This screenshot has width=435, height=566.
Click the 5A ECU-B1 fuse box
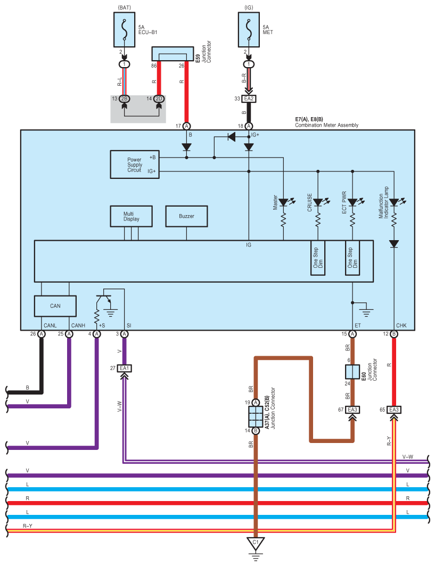point(124,30)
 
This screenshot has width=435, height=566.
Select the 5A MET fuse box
point(249,30)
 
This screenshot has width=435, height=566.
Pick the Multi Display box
point(131,216)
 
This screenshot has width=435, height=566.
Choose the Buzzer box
point(186,216)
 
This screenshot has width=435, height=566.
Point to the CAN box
point(55,306)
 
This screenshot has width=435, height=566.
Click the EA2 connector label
point(249,99)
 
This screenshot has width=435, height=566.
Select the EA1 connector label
point(125,368)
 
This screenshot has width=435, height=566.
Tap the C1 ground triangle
point(256,544)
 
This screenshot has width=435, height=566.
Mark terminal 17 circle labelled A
point(186,126)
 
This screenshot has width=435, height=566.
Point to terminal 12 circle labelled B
point(394,334)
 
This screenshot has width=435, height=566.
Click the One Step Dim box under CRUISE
point(318,258)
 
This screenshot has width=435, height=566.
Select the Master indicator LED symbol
point(284,202)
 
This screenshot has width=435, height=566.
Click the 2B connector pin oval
point(124,99)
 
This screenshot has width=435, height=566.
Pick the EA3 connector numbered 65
point(394,409)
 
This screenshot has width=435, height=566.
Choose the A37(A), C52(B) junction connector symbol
point(256,416)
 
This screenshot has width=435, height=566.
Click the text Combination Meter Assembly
point(326,125)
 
